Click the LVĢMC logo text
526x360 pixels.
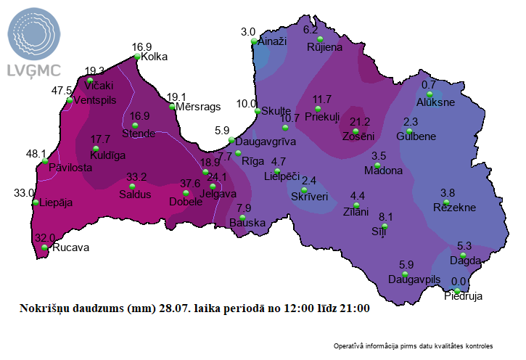[34, 70]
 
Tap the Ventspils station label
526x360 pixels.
[95, 100]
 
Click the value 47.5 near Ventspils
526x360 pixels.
[61, 91]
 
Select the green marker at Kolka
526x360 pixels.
[136, 57]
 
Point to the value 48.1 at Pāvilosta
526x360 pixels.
[36, 154]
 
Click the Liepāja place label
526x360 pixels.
[57, 202]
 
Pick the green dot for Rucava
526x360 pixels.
[45, 247]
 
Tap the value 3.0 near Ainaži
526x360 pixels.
[248, 32]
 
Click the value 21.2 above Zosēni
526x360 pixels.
[360, 122]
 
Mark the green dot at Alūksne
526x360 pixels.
[430, 94]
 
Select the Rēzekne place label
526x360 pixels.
[453, 208]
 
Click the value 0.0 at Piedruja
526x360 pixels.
[459, 282]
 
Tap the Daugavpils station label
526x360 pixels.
[414, 279]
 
